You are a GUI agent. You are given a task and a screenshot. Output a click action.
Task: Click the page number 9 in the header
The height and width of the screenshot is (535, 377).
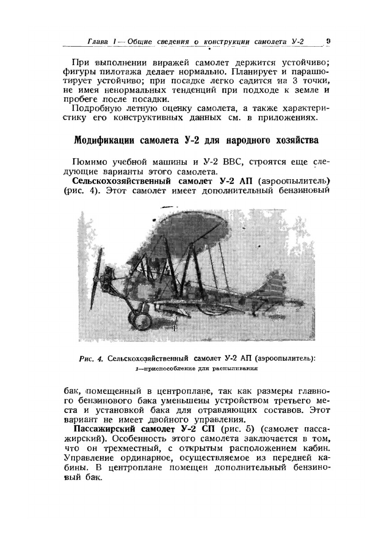(328, 41)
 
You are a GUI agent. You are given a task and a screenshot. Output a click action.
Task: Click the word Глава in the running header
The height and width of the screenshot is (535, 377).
(97, 42)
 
